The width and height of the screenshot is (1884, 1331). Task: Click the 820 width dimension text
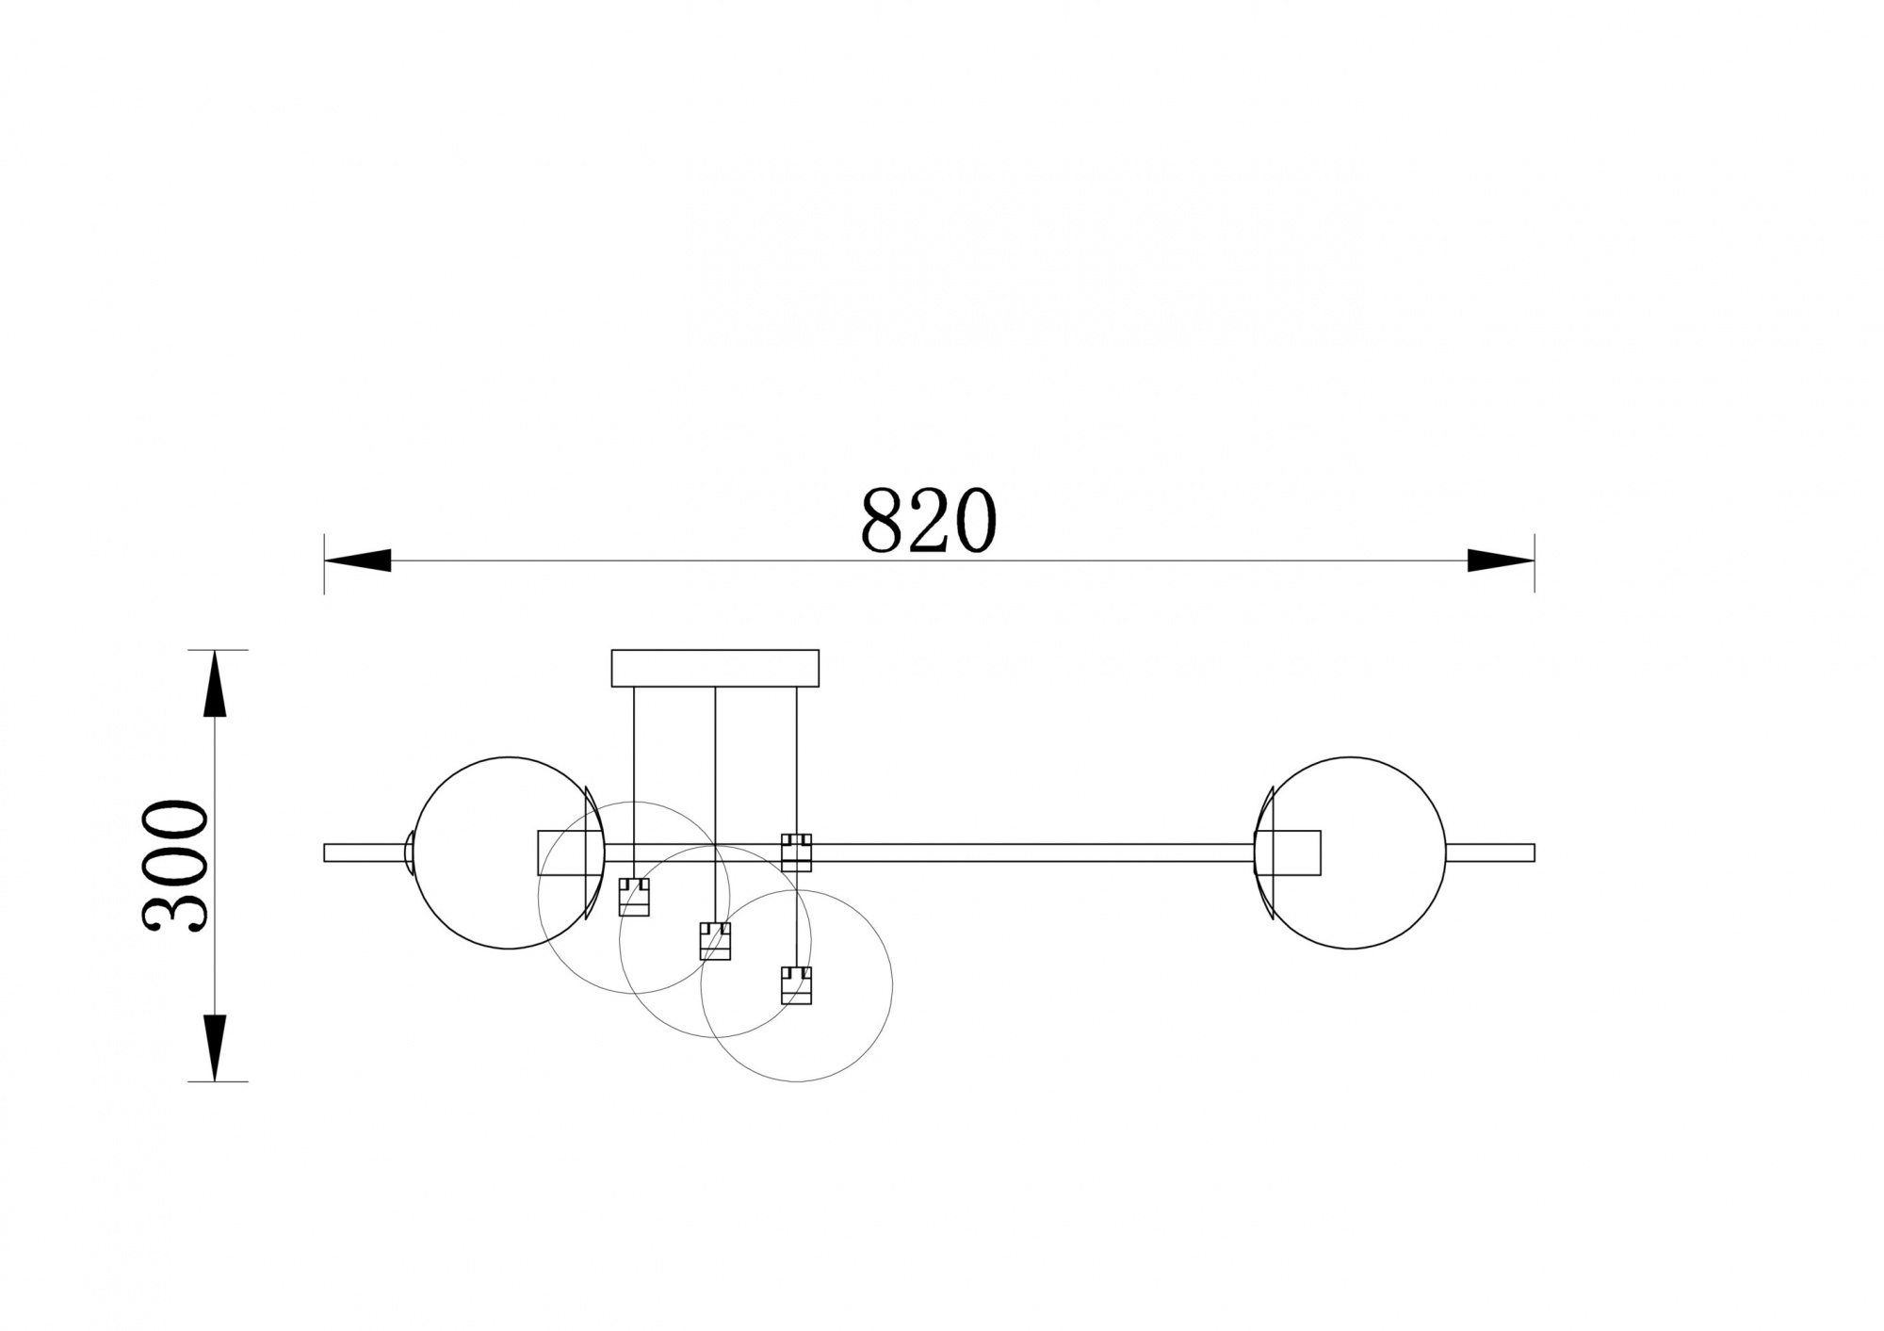coord(928,520)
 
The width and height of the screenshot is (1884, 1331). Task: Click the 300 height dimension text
coord(175,866)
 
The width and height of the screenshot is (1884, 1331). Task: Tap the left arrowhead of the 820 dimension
coord(358,560)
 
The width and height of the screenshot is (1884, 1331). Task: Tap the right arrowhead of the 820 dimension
coord(1501,560)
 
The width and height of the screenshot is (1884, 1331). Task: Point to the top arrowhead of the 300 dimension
coord(216,684)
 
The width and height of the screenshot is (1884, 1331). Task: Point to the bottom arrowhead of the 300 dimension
coord(216,1047)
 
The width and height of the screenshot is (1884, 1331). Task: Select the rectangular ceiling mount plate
coord(715,668)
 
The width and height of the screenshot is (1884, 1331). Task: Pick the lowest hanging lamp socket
coord(796,985)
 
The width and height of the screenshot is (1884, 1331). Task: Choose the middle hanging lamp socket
coord(715,941)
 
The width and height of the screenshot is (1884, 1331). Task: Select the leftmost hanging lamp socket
coord(634,897)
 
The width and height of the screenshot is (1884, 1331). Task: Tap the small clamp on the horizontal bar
coord(796,852)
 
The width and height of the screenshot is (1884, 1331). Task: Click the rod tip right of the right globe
coord(1490,852)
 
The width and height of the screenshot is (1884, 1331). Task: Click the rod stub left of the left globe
coord(363,852)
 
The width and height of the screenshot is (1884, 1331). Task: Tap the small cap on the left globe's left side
coord(410,852)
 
